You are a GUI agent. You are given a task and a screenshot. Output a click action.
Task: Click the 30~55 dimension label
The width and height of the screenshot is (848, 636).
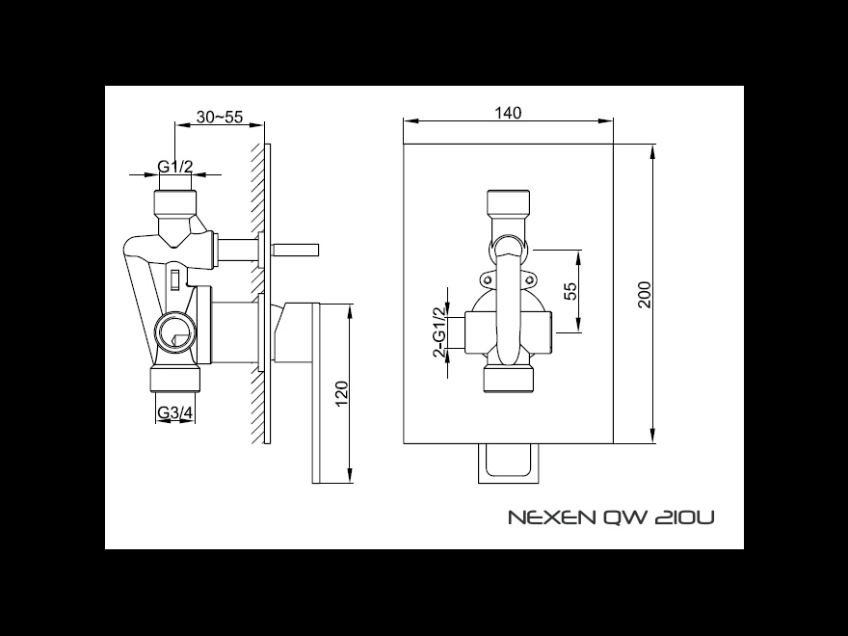pyautogui.click(x=219, y=117)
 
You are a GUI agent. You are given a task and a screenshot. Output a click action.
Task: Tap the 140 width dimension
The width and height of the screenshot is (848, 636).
pyautogui.click(x=509, y=113)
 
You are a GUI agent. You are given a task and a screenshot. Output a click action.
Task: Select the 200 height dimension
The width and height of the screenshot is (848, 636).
pyautogui.click(x=645, y=294)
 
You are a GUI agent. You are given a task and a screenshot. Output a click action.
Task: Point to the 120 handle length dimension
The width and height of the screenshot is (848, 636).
pyautogui.click(x=342, y=394)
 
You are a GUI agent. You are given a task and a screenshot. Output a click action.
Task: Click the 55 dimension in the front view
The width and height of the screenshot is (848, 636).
pyautogui.click(x=570, y=291)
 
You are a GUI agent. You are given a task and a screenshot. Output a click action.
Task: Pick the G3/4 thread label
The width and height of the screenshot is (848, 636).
pyautogui.click(x=174, y=412)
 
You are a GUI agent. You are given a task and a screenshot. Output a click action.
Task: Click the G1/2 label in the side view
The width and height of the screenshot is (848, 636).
pyautogui.click(x=174, y=167)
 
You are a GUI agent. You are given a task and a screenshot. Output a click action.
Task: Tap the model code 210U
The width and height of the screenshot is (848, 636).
pyautogui.click(x=684, y=517)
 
